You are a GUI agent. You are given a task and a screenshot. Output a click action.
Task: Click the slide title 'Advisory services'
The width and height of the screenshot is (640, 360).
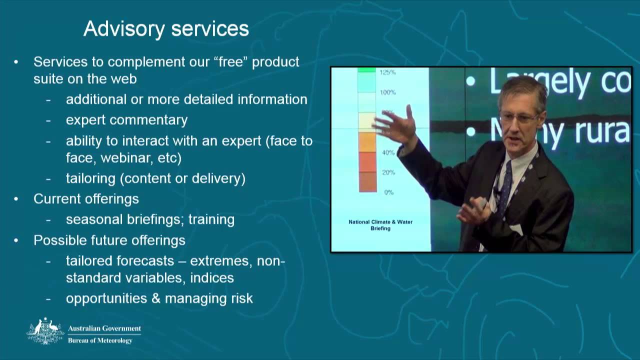coord(166,28)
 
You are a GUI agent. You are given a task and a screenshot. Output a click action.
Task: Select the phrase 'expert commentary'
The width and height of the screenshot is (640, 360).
coord(126,120)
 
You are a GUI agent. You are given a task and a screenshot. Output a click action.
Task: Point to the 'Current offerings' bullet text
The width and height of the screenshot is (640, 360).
coord(86,198)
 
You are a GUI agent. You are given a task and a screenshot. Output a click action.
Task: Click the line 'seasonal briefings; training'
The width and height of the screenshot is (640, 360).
coord(150,219)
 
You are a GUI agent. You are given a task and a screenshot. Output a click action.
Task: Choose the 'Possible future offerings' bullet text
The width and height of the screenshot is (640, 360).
coord(109,240)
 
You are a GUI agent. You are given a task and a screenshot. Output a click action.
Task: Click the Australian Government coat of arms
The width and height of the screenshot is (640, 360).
coord(45,330)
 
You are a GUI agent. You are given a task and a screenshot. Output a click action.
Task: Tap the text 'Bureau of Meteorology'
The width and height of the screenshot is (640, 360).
coord(100,340)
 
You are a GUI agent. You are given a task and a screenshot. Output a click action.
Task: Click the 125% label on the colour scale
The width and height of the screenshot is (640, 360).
coord(387,72)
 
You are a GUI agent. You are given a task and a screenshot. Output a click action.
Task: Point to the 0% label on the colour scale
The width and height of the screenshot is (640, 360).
coord(388,192)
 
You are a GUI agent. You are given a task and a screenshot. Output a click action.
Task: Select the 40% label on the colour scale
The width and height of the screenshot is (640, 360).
coord(388,152)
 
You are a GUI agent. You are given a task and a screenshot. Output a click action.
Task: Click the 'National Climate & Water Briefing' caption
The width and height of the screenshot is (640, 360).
coord(380,225)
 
